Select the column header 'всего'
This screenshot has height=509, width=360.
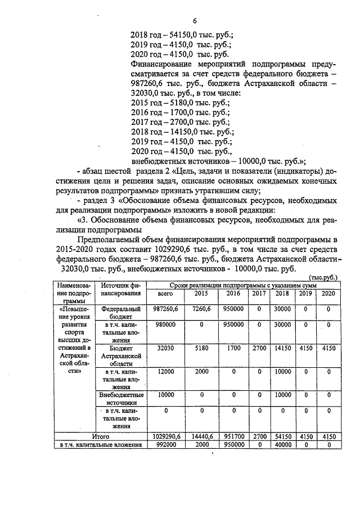165,294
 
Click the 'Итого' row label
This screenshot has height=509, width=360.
101,436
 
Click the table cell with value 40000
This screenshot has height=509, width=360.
282,444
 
